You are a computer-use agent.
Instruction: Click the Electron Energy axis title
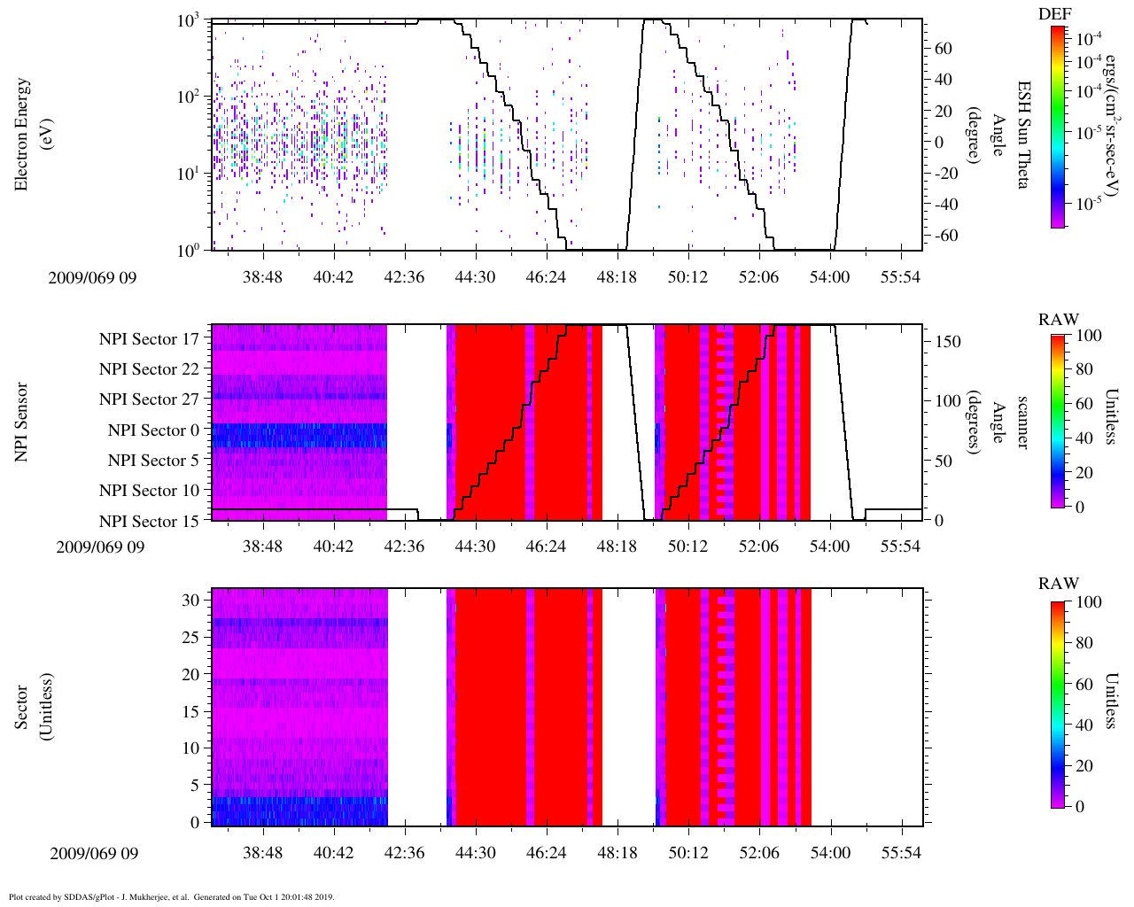(24, 135)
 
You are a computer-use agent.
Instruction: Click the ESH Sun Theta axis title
(1023, 135)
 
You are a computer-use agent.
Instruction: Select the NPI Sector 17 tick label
(149, 338)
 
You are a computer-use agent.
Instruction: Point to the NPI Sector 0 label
(153, 430)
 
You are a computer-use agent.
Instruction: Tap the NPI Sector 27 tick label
(149, 399)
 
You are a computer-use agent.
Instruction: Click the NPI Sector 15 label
(149, 521)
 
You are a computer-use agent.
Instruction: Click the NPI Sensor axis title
(24, 422)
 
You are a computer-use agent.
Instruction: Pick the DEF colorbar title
(1054, 14)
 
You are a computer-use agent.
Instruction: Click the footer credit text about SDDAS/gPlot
(172, 896)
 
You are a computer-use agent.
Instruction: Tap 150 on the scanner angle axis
(948, 342)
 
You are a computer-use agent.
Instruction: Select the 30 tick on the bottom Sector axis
(190, 600)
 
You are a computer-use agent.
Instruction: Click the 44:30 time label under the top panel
(475, 277)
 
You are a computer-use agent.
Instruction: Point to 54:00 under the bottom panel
(830, 853)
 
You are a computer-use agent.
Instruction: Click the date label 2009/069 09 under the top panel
(93, 278)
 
